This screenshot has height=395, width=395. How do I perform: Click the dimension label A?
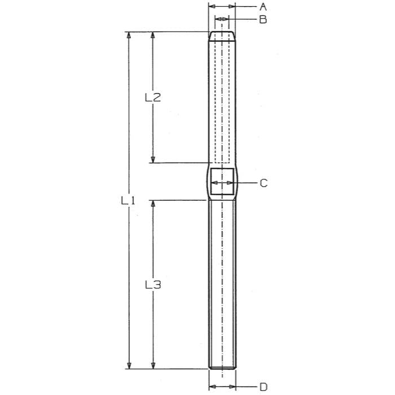[x=263, y=7]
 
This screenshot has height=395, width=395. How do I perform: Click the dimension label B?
[x=263, y=20]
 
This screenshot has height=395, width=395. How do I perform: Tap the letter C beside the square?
[x=264, y=183]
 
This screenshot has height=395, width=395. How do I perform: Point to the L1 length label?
[x=129, y=200]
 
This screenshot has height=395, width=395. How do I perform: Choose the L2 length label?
[x=153, y=98]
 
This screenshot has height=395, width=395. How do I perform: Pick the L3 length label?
[x=153, y=285]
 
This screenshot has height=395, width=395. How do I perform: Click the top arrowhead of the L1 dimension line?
[x=130, y=36]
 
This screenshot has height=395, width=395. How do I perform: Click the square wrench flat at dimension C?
[x=222, y=183]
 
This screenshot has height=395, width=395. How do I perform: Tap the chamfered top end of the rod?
[x=222, y=36]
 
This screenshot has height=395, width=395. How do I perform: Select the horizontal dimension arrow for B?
[x=221, y=20]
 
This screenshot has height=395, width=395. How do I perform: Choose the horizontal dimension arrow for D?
[x=222, y=387]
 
